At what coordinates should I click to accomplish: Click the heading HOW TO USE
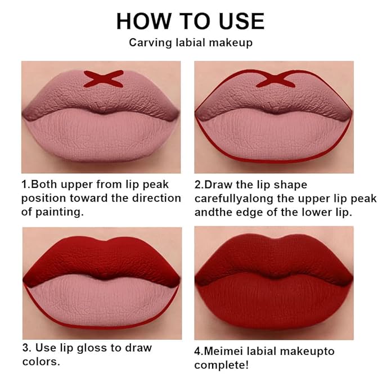coord(190,21)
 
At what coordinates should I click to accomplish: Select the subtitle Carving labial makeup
coord(190,43)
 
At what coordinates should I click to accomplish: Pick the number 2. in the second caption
coord(199,185)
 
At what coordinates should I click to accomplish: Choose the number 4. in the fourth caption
coord(199,352)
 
